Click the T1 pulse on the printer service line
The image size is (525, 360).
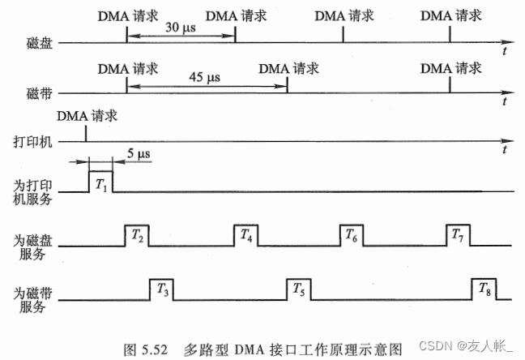pos(100,182)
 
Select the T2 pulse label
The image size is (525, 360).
pos(136,236)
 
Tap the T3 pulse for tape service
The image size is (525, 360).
pos(161,288)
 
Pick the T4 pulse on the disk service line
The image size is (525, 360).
pos(245,236)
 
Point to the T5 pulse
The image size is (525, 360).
pos(297,288)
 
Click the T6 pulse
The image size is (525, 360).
pos(351,236)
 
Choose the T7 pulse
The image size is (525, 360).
pos(458,236)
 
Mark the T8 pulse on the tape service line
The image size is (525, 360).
pos(484,288)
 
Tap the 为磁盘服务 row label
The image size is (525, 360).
pos(35,246)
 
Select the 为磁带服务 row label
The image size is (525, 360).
pos(35,298)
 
